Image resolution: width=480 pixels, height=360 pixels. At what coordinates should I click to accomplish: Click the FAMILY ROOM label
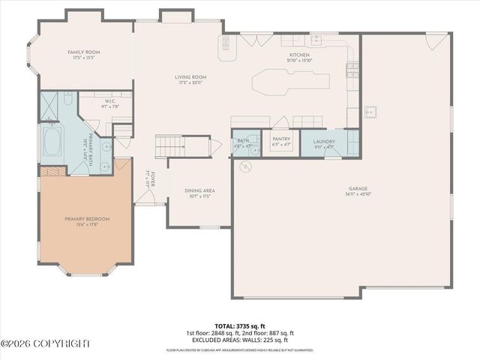pyautogui.click(x=83, y=52)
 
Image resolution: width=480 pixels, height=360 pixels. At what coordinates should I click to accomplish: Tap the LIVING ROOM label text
pyautogui.click(x=190, y=77)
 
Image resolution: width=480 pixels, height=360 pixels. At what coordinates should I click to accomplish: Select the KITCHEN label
pyautogui.click(x=299, y=55)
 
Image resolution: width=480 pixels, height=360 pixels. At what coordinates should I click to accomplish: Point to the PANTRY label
pyautogui.click(x=281, y=139)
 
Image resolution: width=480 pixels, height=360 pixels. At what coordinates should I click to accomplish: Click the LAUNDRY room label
pyautogui.click(x=324, y=141)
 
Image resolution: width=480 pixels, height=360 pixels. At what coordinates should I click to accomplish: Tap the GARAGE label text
pyautogui.click(x=357, y=190)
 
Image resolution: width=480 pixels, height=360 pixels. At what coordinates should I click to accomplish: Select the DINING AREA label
pyautogui.click(x=199, y=190)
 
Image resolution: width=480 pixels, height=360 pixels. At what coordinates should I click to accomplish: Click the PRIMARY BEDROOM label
pyautogui.click(x=86, y=219)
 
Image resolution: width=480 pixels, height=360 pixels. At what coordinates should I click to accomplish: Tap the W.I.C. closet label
pyautogui.click(x=109, y=102)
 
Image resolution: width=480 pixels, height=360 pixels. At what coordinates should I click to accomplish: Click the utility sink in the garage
pyautogui.click(x=370, y=112)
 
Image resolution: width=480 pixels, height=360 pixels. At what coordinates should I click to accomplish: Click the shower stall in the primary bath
pyautogui.click(x=49, y=107)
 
